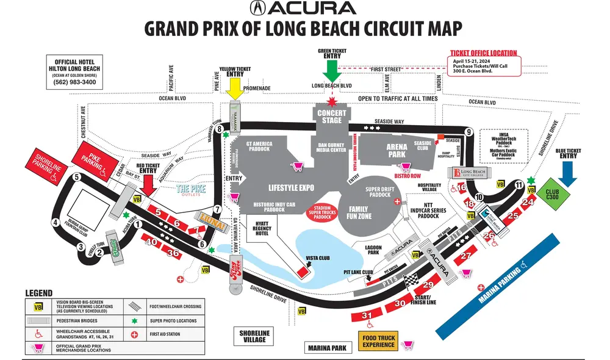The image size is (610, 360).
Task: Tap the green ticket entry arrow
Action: pyautogui.click(x=332, y=71)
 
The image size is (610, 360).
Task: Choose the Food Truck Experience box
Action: pyautogui.click(x=378, y=342)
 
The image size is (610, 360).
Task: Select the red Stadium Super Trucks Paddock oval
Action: pyautogui.click(x=322, y=212)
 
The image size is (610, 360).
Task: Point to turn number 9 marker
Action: pyautogui.click(x=468, y=131)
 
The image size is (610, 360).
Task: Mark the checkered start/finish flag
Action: pyautogui.click(x=412, y=279)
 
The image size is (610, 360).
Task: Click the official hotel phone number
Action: pyautogui.click(x=75, y=82)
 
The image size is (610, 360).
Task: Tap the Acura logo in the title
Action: pyautogui.click(x=302, y=9)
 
